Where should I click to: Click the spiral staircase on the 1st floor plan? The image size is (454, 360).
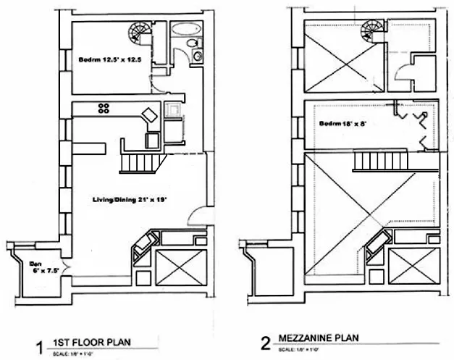[138, 33]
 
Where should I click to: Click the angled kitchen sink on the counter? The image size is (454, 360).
[148, 115]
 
